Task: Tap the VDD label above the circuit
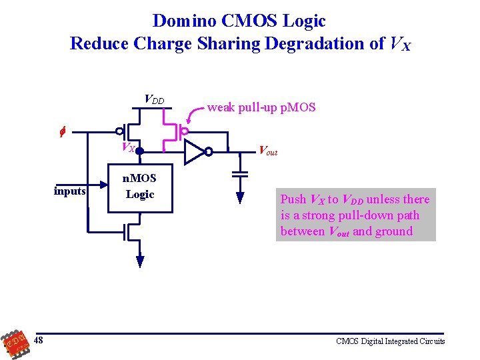click(x=154, y=100)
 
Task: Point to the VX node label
click(x=127, y=147)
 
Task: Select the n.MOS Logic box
click(x=140, y=187)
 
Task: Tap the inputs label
click(x=70, y=191)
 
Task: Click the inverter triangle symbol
click(x=194, y=151)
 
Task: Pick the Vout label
click(x=267, y=151)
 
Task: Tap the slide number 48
click(x=39, y=341)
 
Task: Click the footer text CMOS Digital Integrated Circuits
click(x=391, y=341)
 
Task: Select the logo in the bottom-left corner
click(x=15, y=342)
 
